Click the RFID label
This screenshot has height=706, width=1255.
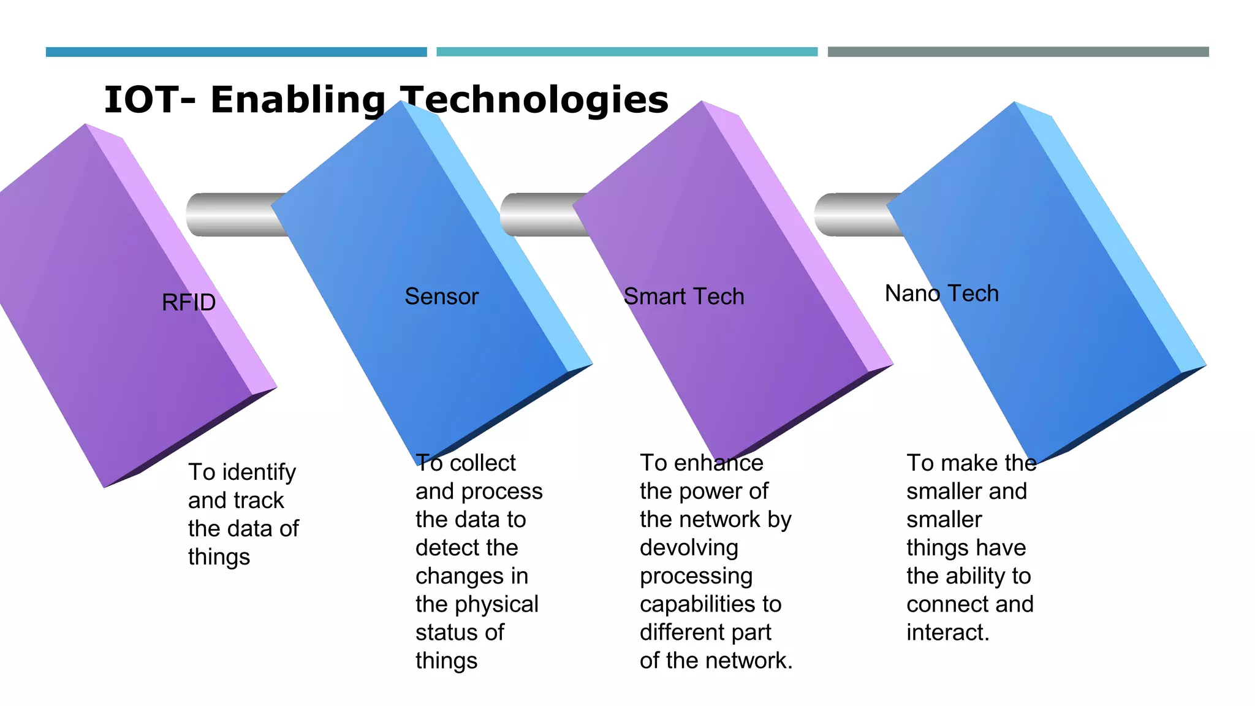[x=189, y=302]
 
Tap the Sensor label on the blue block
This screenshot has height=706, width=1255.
[x=441, y=297]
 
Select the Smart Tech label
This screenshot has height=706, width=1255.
[x=683, y=297]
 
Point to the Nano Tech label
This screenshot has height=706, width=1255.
[x=941, y=294]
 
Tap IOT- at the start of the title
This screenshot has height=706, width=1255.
[x=150, y=100]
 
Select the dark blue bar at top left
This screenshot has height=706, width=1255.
[x=236, y=52]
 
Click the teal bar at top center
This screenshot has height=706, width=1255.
[x=627, y=52]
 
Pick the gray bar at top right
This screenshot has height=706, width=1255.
[x=1018, y=52]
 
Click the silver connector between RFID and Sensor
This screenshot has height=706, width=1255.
[x=236, y=214]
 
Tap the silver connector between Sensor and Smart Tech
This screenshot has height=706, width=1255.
[x=542, y=214]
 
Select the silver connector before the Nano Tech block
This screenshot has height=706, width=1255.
[x=855, y=214]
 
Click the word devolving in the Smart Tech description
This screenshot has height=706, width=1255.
[x=689, y=547]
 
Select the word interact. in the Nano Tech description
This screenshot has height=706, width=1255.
[x=948, y=632]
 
